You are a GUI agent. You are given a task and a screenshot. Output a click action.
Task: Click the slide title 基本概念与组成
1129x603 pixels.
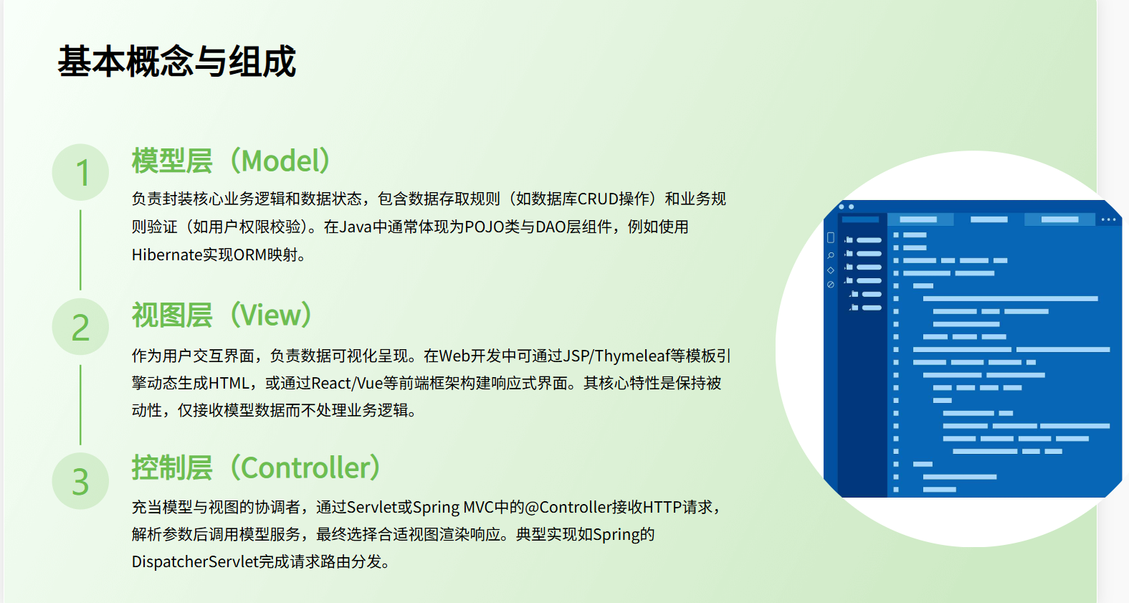[x=176, y=62]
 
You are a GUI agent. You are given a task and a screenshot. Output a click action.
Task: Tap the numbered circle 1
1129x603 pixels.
[x=81, y=173]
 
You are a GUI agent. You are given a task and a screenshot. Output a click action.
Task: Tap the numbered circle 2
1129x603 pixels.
[x=81, y=327]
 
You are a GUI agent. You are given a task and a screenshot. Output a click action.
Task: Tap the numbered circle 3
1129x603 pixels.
[x=81, y=481]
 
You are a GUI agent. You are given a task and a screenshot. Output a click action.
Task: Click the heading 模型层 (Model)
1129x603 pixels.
[x=231, y=161]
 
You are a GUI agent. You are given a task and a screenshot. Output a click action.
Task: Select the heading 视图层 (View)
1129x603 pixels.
[x=221, y=315]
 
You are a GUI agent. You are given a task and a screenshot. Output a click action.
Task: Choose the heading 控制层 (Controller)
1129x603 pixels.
[x=256, y=467]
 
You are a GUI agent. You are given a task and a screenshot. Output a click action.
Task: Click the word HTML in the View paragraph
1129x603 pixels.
[x=229, y=383]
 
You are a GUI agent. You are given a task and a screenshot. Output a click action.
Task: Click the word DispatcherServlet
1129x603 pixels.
[x=194, y=561]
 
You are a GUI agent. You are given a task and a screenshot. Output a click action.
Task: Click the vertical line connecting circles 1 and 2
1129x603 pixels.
[x=80, y=250]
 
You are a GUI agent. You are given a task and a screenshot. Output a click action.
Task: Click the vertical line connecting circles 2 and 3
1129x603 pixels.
[x=80, y=404]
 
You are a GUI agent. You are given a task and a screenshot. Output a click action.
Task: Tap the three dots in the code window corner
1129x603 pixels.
[x=1108, y=219]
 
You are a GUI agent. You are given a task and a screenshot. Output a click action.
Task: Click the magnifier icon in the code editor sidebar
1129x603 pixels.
[x=831, y=255]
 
